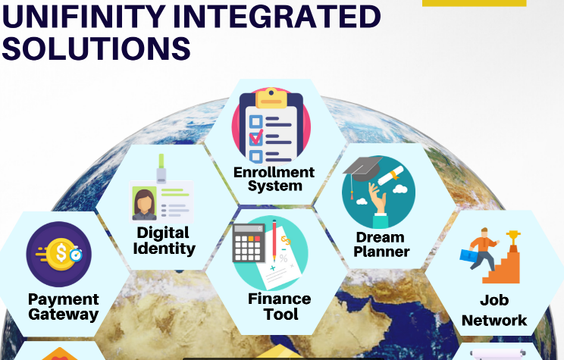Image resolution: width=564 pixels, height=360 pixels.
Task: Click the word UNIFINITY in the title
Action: click(x=83, y=16)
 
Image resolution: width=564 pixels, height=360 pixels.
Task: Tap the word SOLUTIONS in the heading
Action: click(x=96, y=49)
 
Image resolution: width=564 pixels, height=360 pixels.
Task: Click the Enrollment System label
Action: click(x=274, y=179)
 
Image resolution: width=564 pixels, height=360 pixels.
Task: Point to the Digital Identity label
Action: click(x=164, y=240)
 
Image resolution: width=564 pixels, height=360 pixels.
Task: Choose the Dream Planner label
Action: click(x=381, y=245)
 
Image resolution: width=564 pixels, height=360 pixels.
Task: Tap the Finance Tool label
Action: click(x=280, y=306)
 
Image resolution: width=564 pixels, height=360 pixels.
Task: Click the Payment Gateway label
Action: click(x=64, y=307)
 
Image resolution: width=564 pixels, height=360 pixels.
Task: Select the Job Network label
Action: click(x=494, y=310)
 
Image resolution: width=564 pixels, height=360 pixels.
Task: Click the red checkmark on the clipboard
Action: click(x=256, y=137)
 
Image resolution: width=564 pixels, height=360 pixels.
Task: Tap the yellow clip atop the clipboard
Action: click(x=271, y=98)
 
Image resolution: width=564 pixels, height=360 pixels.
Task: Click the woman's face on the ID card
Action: click(x=144, y=202)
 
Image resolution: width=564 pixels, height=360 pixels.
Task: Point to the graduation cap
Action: click(x=362, y=169)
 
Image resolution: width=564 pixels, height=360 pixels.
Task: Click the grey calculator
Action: click(x=249, y=243)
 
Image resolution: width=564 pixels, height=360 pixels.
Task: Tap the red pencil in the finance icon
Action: click(x=274, y=240)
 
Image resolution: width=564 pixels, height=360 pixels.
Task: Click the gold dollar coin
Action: click(x=61, y=252)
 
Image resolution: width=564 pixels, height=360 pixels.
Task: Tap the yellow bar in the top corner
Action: click(x=474, y=3)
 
